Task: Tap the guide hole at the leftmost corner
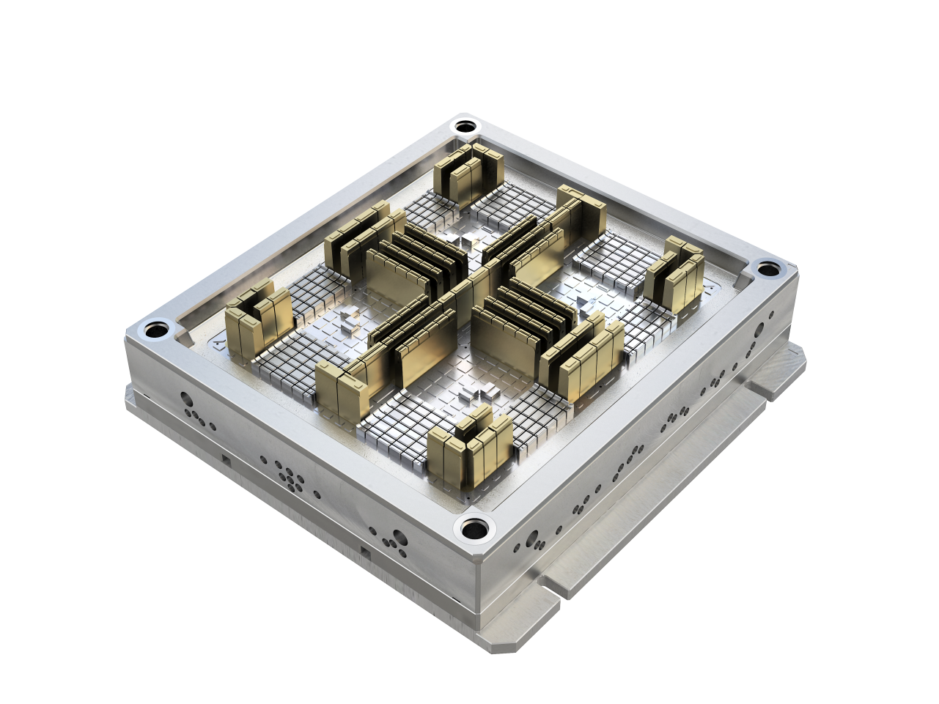point(155,330)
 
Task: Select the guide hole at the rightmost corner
point(767,268)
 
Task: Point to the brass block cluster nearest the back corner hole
point(466,176)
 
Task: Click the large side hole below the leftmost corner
point(187,402)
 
